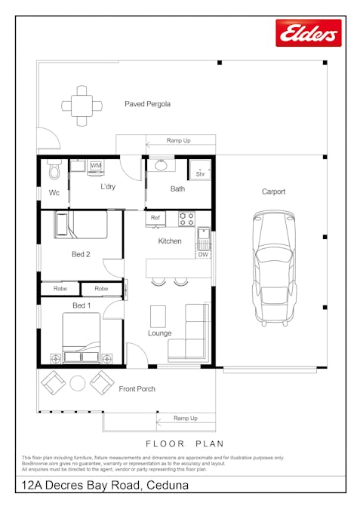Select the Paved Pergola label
(147, 104)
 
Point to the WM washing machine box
(96, 165)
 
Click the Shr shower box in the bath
(200, 170)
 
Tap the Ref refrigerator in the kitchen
(155, 218)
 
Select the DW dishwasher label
(203, 255)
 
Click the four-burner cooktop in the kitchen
(186, 218)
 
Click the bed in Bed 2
(81, 225)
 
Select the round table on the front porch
(78, 383)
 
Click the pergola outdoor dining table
(82, 104)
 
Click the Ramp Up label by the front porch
(185, 418)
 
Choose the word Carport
(273, 192)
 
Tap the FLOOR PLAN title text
(185, 443)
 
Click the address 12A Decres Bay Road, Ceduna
(106, 486)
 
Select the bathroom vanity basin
(160, 165)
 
